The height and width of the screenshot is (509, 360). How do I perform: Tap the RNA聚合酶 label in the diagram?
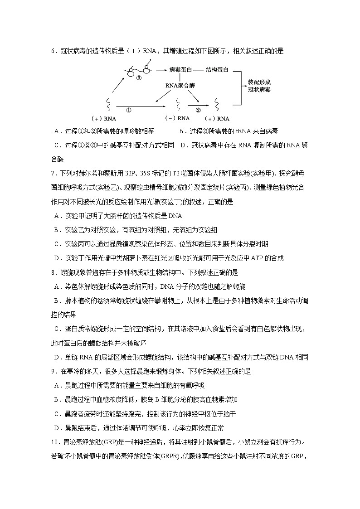180,85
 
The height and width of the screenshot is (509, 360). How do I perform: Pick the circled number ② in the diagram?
198,110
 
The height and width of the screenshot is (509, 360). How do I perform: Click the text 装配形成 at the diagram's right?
259,82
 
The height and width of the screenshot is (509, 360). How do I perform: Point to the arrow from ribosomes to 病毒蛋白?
161,70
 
